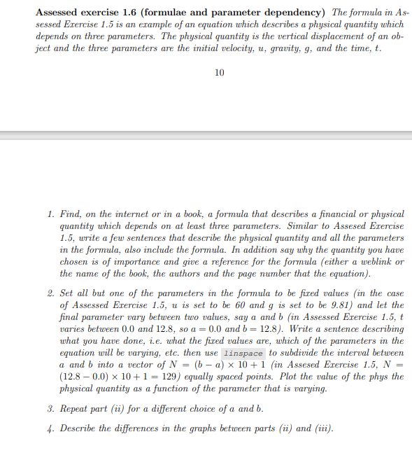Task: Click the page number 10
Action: [220, 72]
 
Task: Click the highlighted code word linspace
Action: [243, 354]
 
